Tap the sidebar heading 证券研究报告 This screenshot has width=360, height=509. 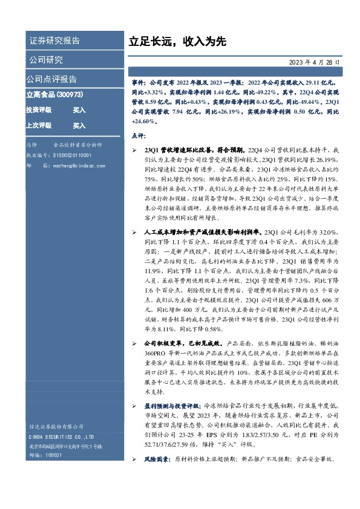[x=54, y=41]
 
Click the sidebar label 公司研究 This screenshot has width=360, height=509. [x=45, y=60]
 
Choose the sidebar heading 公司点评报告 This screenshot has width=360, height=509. [x=51, y=79]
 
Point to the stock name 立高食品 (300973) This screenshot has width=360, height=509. [x=55, y=95]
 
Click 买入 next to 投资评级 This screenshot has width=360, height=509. [x=79, y=111]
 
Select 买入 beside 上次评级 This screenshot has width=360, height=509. [x=79, y=126]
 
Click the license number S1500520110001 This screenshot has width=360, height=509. [x=71, y=155]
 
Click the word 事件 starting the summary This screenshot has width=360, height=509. [x=138, y=80]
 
